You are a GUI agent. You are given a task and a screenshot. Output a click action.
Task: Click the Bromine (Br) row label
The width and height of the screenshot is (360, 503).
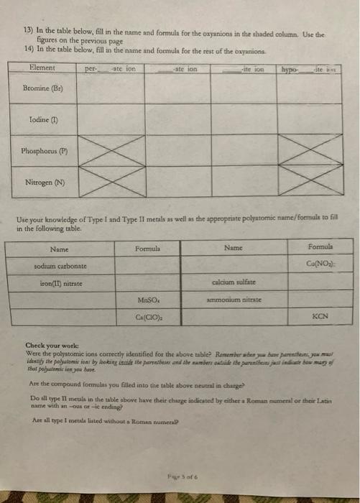tap(37, 93)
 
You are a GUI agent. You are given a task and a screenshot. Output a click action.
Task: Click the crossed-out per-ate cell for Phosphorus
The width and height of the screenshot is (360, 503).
tap(109, 152)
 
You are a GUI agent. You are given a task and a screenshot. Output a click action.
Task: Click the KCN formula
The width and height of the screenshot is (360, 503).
tap(321, 315)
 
